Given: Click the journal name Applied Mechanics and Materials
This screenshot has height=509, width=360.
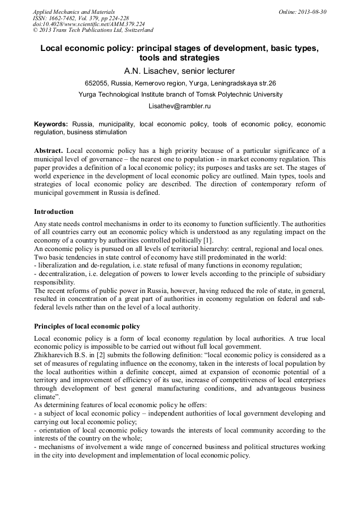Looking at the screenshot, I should tap(73, 12).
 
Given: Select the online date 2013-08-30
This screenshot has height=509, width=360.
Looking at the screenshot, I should tap(313, 12).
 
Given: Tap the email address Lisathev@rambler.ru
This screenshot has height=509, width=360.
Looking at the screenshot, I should tap(179, 106).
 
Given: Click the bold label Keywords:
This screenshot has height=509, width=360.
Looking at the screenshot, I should tap(51, 124).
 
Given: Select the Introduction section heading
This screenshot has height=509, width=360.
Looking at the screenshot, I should tap(54, 211).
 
